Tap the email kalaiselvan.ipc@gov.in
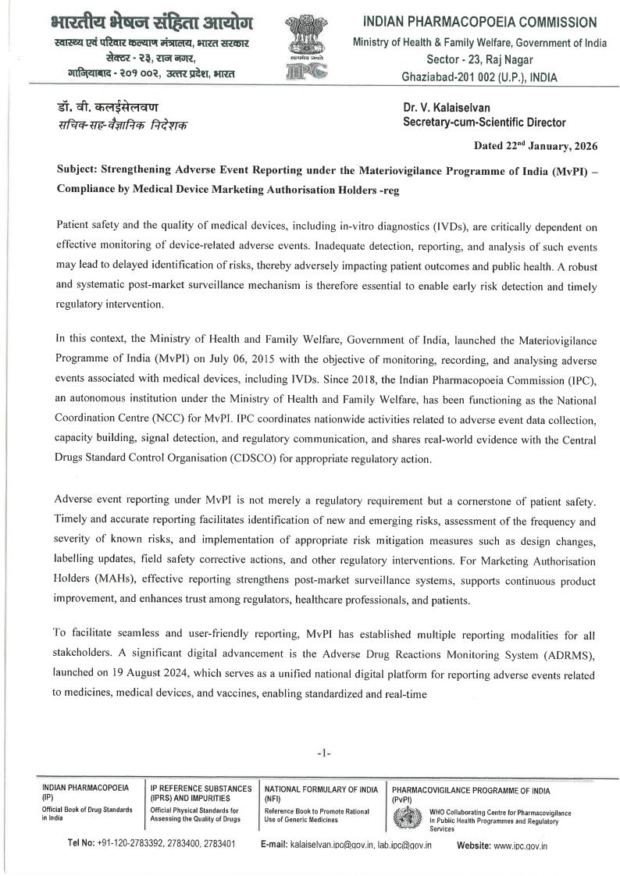tap(332, 845)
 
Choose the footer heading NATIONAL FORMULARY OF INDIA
tap(321, 789)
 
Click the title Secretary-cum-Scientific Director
tap(484, 122)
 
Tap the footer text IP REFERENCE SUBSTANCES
tap(201, 789)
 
